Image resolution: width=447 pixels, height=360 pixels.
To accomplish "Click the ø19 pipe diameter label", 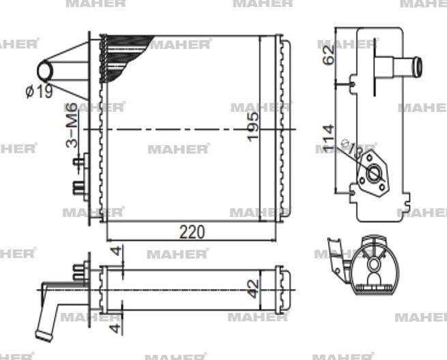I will [x=39, y=91].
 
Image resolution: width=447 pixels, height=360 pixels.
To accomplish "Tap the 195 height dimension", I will [x=253, y=127].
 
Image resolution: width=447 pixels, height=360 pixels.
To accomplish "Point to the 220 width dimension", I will [x=192, y=232].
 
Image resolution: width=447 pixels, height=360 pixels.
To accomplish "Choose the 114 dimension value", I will [x=328, y=138].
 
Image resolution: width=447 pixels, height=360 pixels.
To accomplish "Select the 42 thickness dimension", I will [x=253, y=286].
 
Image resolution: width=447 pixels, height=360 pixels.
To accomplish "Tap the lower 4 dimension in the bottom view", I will [x=117, y=318].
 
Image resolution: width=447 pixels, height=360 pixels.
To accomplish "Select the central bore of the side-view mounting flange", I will [x=374, y=175].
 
